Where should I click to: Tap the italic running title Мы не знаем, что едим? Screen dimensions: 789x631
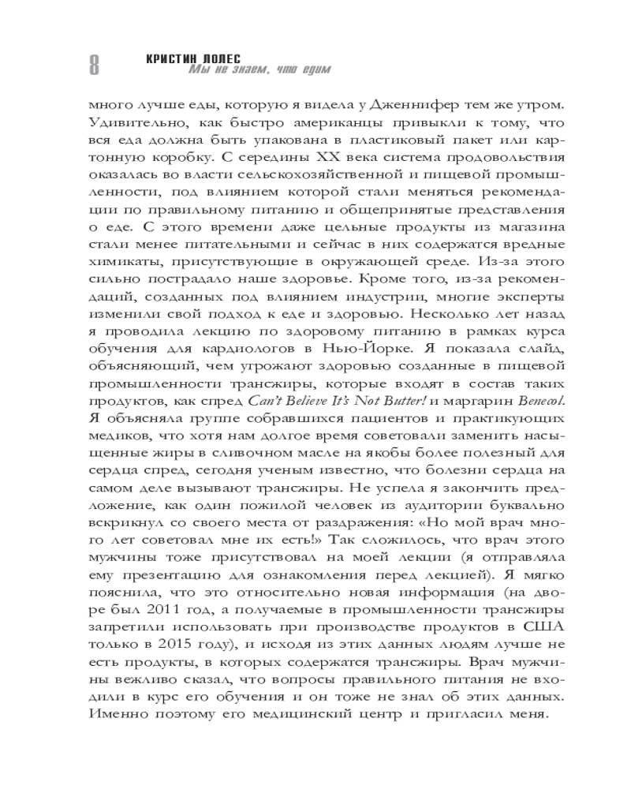(x=259, y=71)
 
